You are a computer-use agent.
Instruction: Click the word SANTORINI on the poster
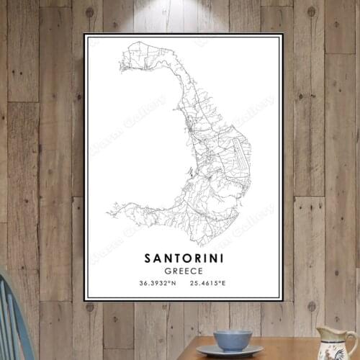click(183, 257)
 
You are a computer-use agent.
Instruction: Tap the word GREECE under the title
click(183, 271)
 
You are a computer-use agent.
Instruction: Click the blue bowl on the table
click(233, 338)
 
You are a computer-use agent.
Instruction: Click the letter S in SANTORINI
click(148, 257)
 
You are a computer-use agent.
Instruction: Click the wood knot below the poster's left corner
click(89, 307)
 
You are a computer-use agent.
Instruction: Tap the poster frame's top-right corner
click(282, 35)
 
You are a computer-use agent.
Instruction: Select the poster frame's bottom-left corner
click(85, 299)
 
